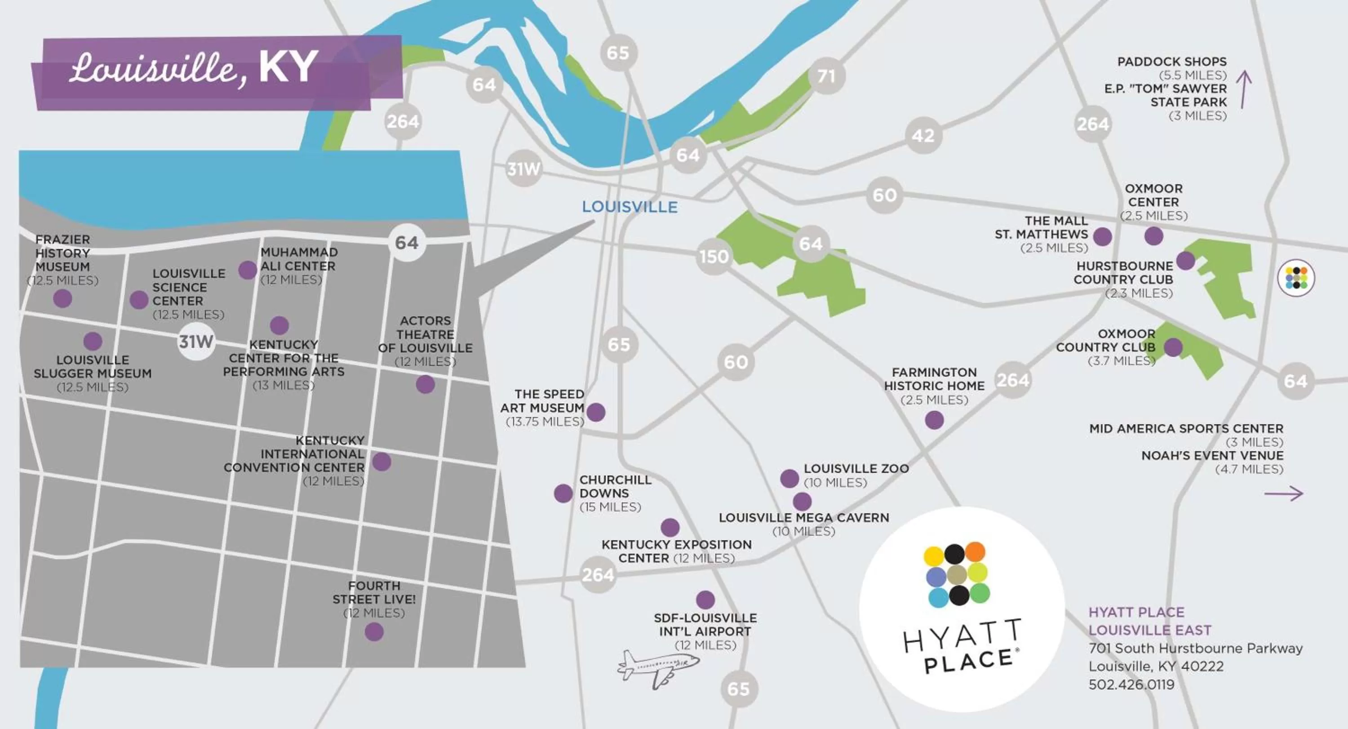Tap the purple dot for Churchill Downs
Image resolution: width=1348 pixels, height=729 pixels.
tap(563, 493)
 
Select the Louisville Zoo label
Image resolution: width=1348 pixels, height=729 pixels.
tap(856, 469)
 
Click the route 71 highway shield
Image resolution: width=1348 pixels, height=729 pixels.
tap(826, 76)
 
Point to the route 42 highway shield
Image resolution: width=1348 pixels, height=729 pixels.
tap(923, 136)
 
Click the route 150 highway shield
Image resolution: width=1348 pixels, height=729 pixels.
tap(714, 257)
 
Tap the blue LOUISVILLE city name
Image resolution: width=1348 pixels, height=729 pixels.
tap(630, 207)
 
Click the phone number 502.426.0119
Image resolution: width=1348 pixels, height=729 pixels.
tap(1131, 685)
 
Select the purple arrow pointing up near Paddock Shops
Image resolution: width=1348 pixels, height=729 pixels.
tap(1244, 90)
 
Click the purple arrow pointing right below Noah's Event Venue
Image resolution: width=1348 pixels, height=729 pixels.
tap(1284, 493)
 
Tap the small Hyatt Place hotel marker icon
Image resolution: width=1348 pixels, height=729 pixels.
tap(1296, 278)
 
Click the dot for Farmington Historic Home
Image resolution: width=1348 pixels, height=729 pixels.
tap(934, 420)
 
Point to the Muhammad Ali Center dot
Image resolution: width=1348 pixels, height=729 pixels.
tap(248, 271)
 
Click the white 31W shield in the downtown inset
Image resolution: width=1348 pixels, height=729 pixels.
tap(196, 342)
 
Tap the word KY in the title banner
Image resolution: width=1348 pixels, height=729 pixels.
tap(288, 67)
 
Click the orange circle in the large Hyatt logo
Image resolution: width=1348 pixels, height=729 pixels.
tap(975, 552)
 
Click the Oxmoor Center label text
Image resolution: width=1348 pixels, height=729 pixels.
tap(1153, 195)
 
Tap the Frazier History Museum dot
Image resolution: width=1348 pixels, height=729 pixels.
tap(63, 299)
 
